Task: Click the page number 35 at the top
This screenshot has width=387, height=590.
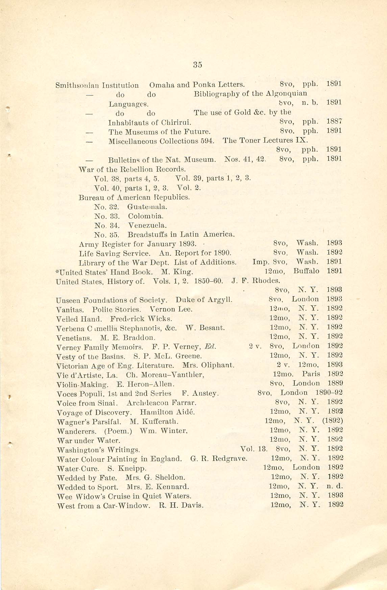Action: click(197, 65)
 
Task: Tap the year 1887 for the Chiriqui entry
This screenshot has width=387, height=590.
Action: click(335, 121)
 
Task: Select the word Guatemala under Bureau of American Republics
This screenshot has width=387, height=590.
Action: click(147, 206)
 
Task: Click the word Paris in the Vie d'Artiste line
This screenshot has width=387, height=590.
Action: click(311, 374)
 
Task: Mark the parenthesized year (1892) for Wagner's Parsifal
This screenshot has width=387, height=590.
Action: click(333, 421)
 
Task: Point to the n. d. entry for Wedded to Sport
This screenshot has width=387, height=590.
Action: click(335, 486)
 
